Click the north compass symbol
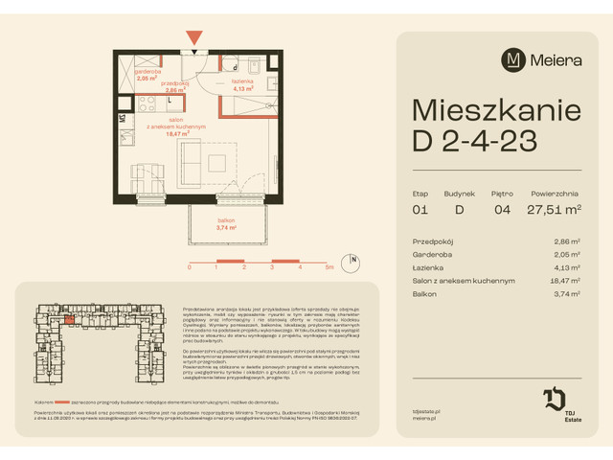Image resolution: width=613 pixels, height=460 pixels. [x=352, y=260]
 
